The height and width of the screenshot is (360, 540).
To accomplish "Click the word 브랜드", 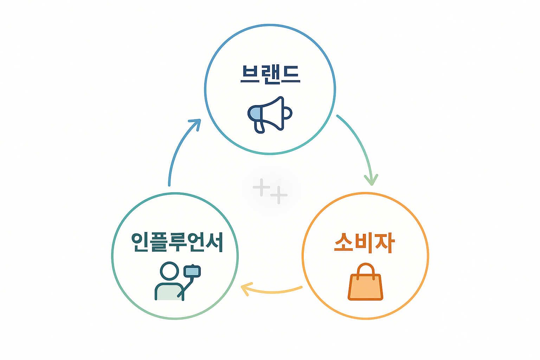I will click(270, 75).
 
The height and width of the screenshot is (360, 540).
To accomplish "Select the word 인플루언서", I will click(177, 242).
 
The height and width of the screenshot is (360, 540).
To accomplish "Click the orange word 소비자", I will click(365, 243).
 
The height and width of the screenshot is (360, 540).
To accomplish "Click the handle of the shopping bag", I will click(365, 269).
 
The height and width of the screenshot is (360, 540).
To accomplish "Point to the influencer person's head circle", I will click(169, 271).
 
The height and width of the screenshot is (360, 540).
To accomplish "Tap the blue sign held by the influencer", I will click(192, 271).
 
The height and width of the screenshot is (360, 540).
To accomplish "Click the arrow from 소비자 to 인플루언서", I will click(272, 291).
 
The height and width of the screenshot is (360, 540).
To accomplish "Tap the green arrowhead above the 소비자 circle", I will click(371, 179).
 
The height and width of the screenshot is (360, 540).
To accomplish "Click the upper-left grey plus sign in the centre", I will click(261, 187).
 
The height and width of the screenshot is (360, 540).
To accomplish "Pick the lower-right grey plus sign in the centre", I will click(279, 195).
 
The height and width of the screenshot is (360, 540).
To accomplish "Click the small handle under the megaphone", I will click(259, 127).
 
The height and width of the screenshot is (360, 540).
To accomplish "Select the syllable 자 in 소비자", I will click(385, 243).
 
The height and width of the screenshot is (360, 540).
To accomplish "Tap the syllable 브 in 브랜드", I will click(250, 74).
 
